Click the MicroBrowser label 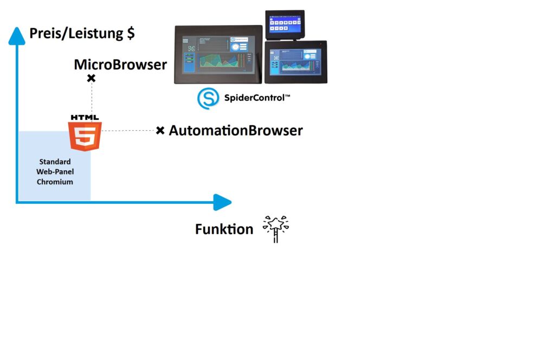(x=120, y=65)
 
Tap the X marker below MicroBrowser (x=91, y=79)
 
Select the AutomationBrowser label (x=236, y=131)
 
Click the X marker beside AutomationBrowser (x=160, y=131)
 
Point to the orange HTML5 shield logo (x=85, y=136)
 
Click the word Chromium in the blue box (x=55, y=182)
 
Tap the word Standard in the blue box (x=55, y=162)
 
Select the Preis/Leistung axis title (x=76, y=34)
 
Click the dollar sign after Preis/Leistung (x=131, y=34)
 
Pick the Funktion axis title (x=224, y=229)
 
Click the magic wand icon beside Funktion (x=276, y=228)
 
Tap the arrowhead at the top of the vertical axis (x=17, y=35)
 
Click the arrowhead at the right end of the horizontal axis (x=222, y=202)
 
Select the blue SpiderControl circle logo (x=208, y=99)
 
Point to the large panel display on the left (x=218, y=54)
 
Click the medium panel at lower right (x=296, y=62)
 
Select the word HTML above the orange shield (x=85, y=117)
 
